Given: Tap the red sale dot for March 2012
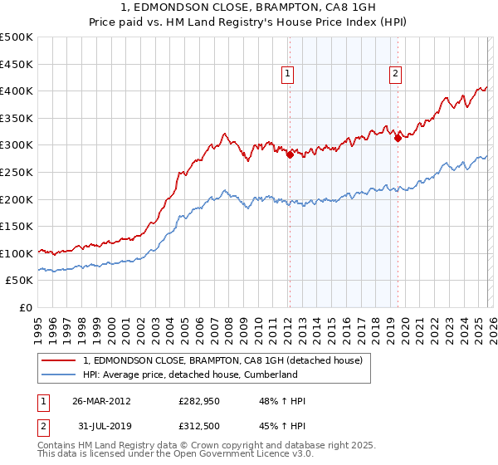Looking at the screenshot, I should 290,154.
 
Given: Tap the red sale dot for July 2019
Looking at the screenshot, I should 398,138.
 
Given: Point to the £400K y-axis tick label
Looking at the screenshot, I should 17,91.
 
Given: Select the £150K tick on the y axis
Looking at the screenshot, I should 17,226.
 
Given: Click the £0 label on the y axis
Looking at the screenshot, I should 26,307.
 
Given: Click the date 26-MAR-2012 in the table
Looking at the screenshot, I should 101,401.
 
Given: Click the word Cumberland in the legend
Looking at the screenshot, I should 270,374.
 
